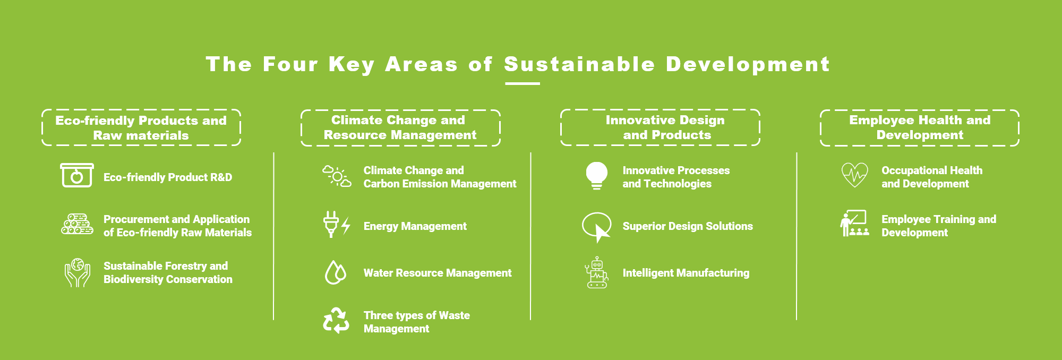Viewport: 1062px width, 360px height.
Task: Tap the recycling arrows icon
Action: coord(336,321)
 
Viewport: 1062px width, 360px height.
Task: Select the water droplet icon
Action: coord(335,272)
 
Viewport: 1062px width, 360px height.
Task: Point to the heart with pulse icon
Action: coord(855,175)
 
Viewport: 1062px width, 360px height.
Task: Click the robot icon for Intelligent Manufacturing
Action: coord(597,272)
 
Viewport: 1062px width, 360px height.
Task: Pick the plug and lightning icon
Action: coord(337,225)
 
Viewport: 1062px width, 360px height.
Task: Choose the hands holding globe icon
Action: coord(78,273)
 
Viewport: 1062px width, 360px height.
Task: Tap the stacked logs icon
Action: coord(77,224)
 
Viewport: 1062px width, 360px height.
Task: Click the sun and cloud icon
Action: coord(337,176)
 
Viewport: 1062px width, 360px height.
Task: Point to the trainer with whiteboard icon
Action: coord(854,224)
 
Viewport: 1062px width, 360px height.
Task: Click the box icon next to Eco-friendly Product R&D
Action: coord(77,175)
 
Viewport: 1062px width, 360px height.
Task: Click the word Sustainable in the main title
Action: coord(579,64)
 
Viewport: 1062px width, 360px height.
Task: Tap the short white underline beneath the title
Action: coord(523,83)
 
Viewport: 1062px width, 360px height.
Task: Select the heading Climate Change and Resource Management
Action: coord(400,127)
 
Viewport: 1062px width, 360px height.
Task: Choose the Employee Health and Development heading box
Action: coord(920,127)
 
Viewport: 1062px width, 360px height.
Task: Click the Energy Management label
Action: coord(415,226)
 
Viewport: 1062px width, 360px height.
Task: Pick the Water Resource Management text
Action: coord(438,273)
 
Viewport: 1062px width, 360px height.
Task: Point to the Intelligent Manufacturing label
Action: coord(686,273)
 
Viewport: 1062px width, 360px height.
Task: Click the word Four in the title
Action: coord(290,64)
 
